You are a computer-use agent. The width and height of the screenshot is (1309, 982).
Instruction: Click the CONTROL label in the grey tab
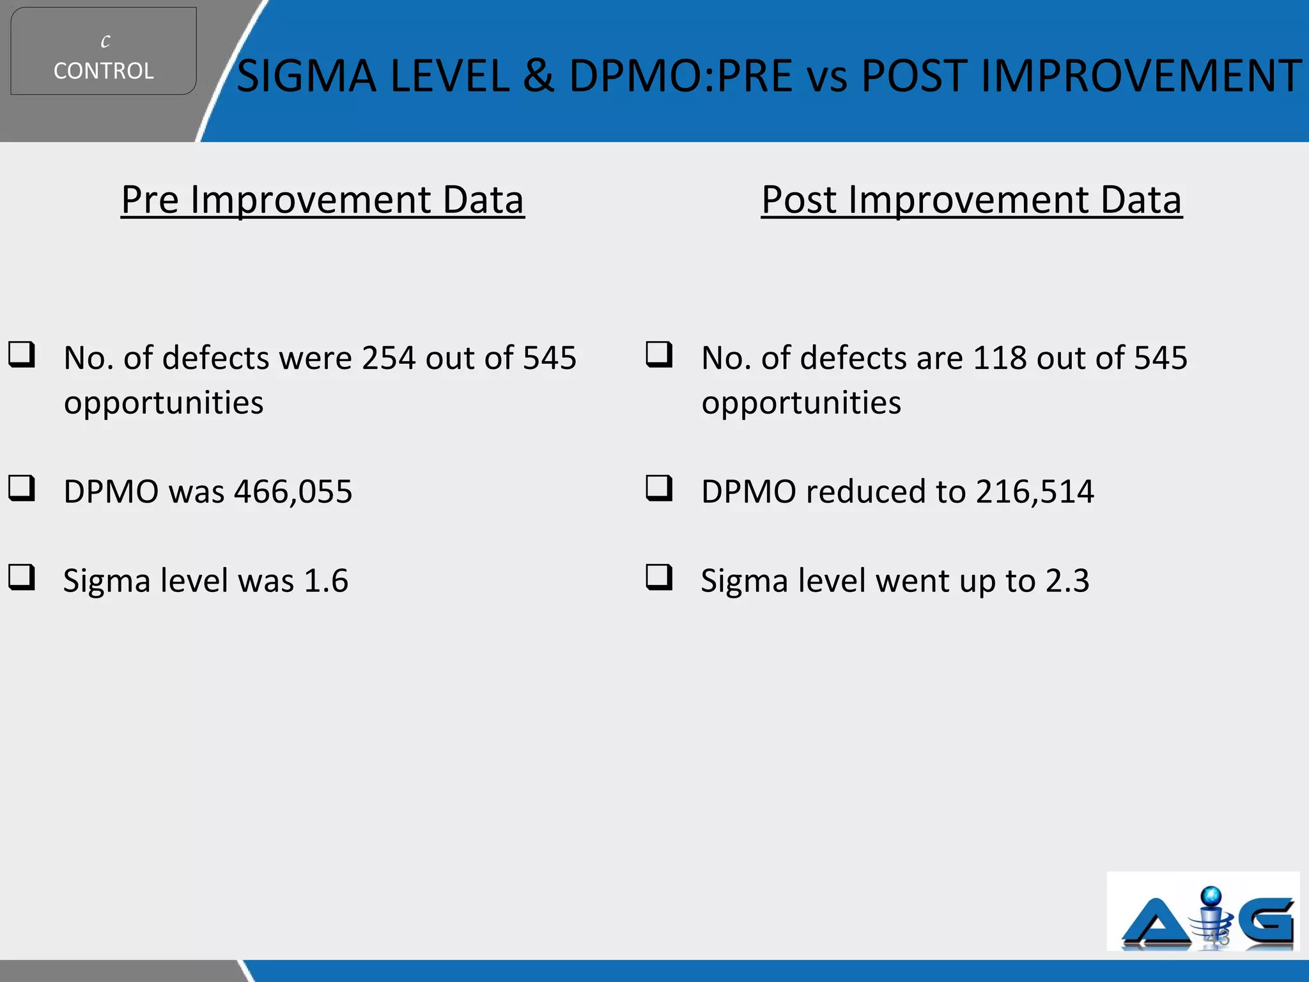104,71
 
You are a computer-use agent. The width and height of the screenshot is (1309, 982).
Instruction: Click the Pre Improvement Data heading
323,199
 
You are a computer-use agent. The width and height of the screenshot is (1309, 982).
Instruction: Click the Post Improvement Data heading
972,199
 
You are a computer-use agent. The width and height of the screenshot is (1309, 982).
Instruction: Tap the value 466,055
293,492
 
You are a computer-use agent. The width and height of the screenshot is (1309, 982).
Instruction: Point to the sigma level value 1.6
326,581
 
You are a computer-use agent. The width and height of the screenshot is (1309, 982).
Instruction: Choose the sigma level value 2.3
1067,581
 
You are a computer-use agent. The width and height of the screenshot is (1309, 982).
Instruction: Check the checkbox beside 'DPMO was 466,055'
22,488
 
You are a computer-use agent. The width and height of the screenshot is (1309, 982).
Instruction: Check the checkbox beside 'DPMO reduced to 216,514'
659,488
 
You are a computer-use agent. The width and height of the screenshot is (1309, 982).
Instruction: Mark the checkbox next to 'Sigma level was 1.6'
22,577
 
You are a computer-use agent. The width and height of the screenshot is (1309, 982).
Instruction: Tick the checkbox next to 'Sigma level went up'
659,577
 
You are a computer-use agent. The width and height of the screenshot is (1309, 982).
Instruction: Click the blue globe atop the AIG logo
1211,897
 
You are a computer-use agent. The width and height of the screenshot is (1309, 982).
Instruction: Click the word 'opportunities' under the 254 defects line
164,403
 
